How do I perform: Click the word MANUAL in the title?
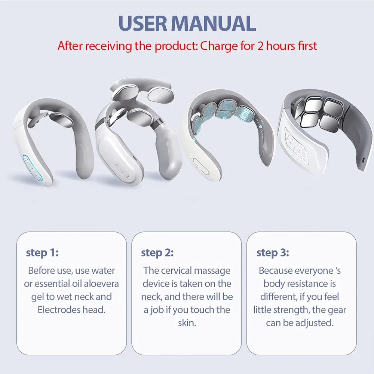215,23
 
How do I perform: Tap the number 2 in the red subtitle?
260,46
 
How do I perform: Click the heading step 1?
42,253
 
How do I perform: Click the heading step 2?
157,253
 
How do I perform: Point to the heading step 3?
273,253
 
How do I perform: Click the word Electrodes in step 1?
58,310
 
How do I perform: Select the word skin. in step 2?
187,323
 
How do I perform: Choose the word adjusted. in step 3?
314,323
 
